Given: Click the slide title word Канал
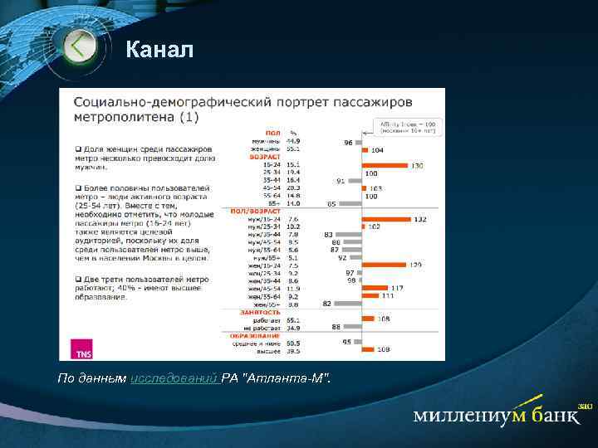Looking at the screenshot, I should (x=159, y=51).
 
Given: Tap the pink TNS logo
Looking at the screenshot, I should (x=84, y=349).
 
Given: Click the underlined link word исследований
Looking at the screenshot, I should (x=174, y=378).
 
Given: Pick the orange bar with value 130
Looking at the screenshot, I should (x=385, y=165).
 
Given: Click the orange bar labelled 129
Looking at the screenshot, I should (x=385, y=265).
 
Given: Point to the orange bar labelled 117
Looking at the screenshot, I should (x=377, y=288).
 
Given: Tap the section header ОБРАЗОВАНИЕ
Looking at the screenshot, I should (x=256, y=335).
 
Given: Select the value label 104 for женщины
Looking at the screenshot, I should (x=378, y=150).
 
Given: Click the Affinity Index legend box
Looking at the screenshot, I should (x=409, y=127).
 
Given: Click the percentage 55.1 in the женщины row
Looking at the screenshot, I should (x=293, y=149).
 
